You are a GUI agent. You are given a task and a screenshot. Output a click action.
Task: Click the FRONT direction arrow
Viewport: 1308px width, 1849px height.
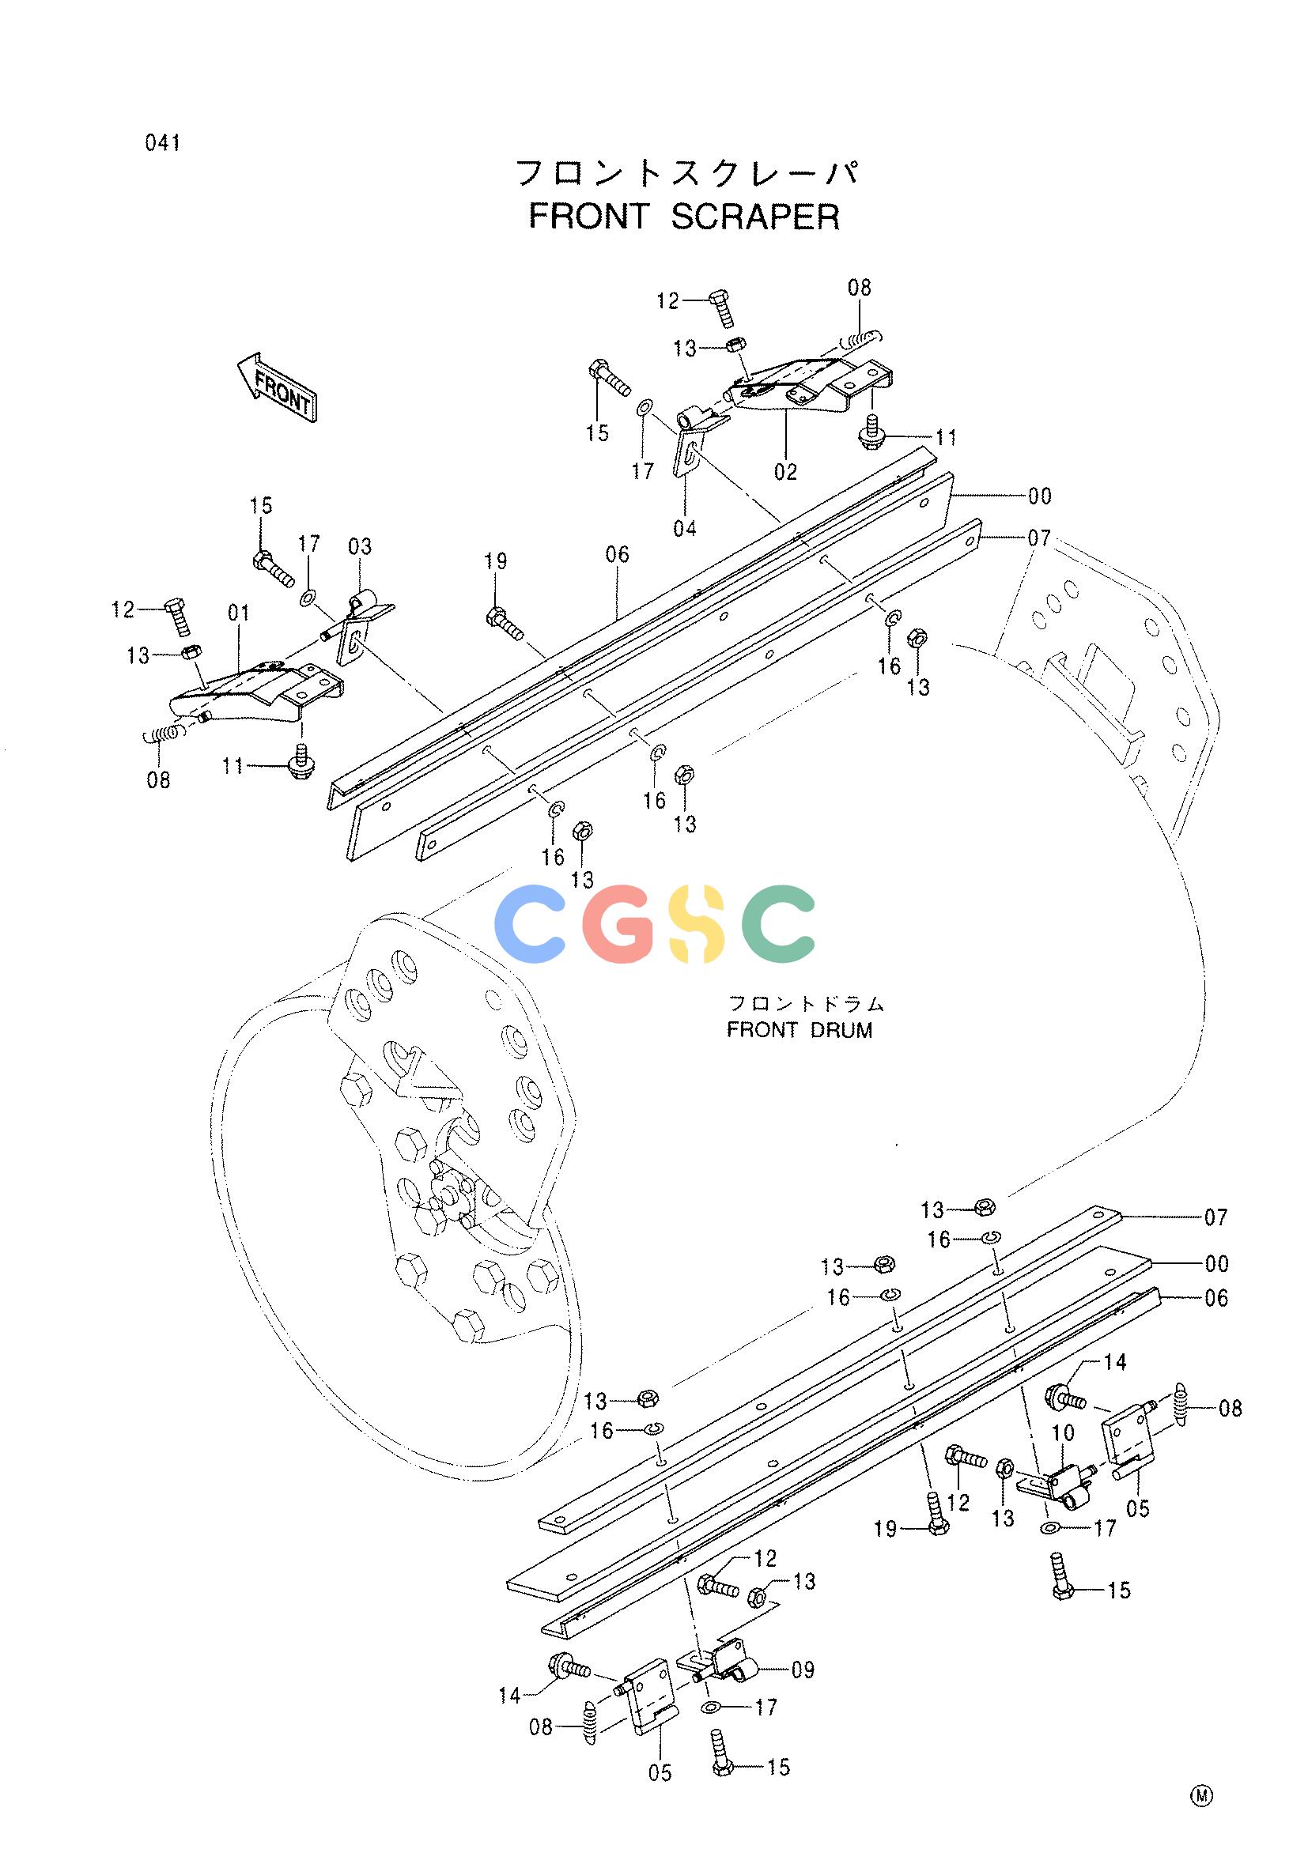pyautogui.click(x=276, y=387)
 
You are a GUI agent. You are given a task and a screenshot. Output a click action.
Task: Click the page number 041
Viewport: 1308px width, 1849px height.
pyautogui.click(x=164, y=143)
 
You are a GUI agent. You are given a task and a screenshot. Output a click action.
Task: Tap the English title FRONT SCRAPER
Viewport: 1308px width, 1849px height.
pyautogui.click(x=684, y=217)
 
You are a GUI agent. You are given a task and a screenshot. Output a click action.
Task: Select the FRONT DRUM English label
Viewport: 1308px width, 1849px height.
pyautogui.click(x=799, y=1030)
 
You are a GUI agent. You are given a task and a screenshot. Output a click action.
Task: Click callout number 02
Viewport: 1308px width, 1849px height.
pyautogui.click(x=785, y=472)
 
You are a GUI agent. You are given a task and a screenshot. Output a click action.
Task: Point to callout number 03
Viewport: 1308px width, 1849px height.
pyautogui.click(x=360, y=547)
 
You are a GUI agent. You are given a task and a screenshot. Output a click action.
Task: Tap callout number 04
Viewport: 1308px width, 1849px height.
pyautogui.click(x=685, y=528)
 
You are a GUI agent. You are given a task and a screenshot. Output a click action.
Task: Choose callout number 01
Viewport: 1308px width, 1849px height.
pyautogui.click(x=238, y=613)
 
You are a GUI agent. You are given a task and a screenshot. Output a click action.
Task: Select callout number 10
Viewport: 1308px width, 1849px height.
pyautogui.click(x=1063, y=1432)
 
